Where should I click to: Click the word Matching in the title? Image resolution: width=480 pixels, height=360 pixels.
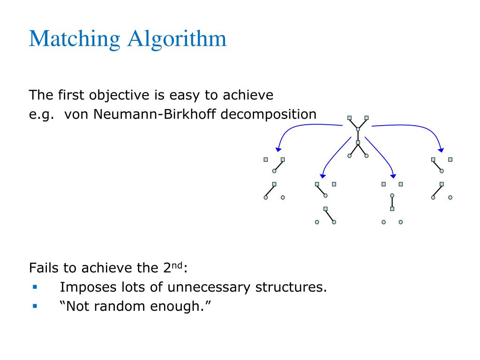pyautogui.click(x=75, y=39)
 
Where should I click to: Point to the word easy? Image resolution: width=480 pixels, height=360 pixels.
pyautogui.click(x=183, y=96)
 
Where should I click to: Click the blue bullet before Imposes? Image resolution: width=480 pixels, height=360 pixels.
pyautogui.click(x=35, y=286)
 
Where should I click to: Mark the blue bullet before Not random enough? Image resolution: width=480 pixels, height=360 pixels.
pyautogui.click(x=35, y=306)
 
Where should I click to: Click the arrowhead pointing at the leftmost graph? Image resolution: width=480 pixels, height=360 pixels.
pyautogui.click(x=278, y=149)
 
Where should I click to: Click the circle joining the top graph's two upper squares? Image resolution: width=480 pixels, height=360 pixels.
pyautogui.click(x=358, y=128)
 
